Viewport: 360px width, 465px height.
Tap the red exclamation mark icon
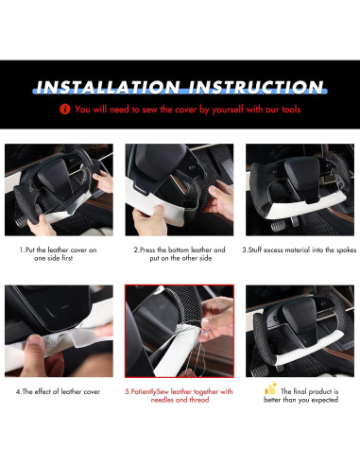click(64, 110)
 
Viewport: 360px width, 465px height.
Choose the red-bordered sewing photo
click(180, 329)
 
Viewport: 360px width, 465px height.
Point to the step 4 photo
click(59, 329)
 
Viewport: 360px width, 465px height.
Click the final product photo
click(300, 329)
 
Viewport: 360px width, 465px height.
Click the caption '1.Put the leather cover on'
click(59, 250)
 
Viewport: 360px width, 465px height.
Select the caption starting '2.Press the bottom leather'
click(180, 250)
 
